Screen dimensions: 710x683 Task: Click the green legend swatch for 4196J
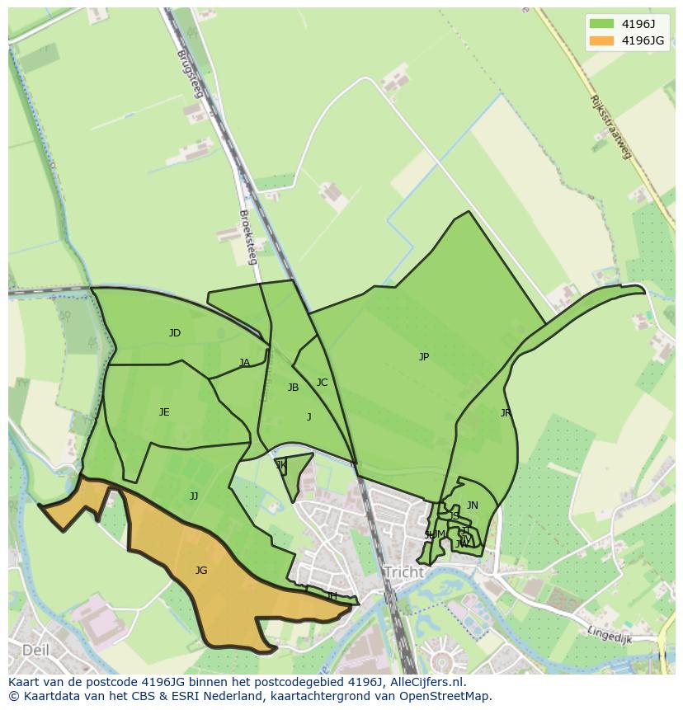pos(601,24)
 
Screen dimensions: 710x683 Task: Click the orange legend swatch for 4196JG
pos(601,40)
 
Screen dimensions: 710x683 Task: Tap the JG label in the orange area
pos(201,570)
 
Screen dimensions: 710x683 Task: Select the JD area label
pos(175,333)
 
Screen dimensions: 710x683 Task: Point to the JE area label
pos(164,412)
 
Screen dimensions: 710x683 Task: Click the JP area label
pos(423,357)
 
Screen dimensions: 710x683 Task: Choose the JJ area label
pos(194,496)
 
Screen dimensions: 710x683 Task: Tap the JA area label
pos(244,363)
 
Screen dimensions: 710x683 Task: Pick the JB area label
pos(293,388)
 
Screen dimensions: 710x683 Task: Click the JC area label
pos(322,383)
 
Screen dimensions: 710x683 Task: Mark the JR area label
pos(505,413)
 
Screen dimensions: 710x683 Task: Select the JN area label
pos(472,505)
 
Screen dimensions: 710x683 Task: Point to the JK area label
pos(281,465)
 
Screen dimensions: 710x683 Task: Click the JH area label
pos(332,596)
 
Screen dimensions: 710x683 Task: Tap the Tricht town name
pos(403,572)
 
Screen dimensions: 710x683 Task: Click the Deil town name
pos(35,650)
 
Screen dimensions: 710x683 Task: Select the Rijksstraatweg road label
pos(610,127)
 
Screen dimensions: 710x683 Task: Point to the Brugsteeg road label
pos(189,74)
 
